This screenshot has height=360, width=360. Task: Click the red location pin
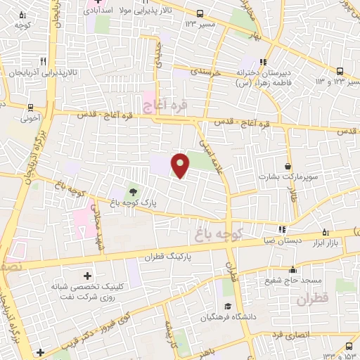click(x=181, y=165)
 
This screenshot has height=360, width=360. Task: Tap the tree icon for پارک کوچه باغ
click(x=133, y=189)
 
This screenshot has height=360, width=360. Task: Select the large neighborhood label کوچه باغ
click(x=218, y=232)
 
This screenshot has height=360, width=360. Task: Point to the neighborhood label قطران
click(x=313, y=300)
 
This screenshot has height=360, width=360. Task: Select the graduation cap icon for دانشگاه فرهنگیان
click(x=228, y=307)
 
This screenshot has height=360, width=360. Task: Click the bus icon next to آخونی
click(x=30, y=107)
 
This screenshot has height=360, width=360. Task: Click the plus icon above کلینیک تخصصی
click(x=87, y=275)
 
